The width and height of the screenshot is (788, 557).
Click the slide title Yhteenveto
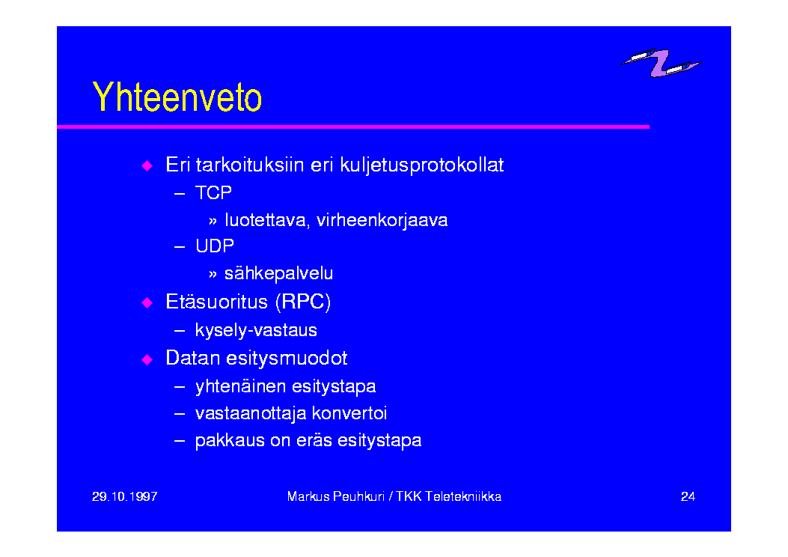177,97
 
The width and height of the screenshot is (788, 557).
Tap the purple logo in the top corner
660,63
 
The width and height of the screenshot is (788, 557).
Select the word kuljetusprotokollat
421,165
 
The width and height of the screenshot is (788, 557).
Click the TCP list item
213,192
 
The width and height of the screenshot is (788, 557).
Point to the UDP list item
215,246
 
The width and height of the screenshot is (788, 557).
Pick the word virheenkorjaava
382,220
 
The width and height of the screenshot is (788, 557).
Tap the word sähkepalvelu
278,273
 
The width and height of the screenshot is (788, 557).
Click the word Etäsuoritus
216,302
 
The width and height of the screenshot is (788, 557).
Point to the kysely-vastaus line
256,330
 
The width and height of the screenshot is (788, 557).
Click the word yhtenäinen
240,386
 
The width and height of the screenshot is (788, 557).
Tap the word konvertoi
349,413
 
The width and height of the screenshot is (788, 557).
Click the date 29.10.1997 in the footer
125,496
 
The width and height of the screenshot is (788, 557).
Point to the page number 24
688,496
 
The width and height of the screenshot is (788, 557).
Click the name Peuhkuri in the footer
358,496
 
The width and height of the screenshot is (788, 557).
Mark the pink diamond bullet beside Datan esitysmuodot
147,359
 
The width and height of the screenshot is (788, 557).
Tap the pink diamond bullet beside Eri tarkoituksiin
147,166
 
